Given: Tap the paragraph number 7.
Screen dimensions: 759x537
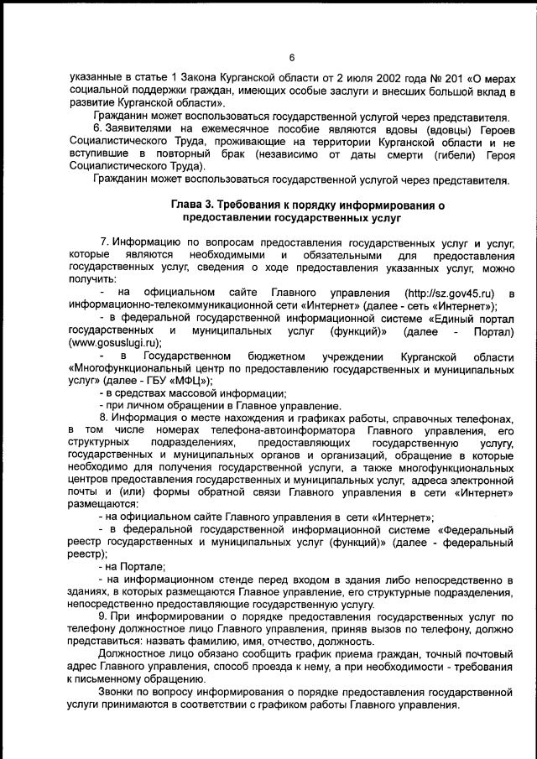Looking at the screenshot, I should pos(104,242).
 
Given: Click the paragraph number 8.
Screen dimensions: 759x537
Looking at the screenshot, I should pos(104,418).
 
